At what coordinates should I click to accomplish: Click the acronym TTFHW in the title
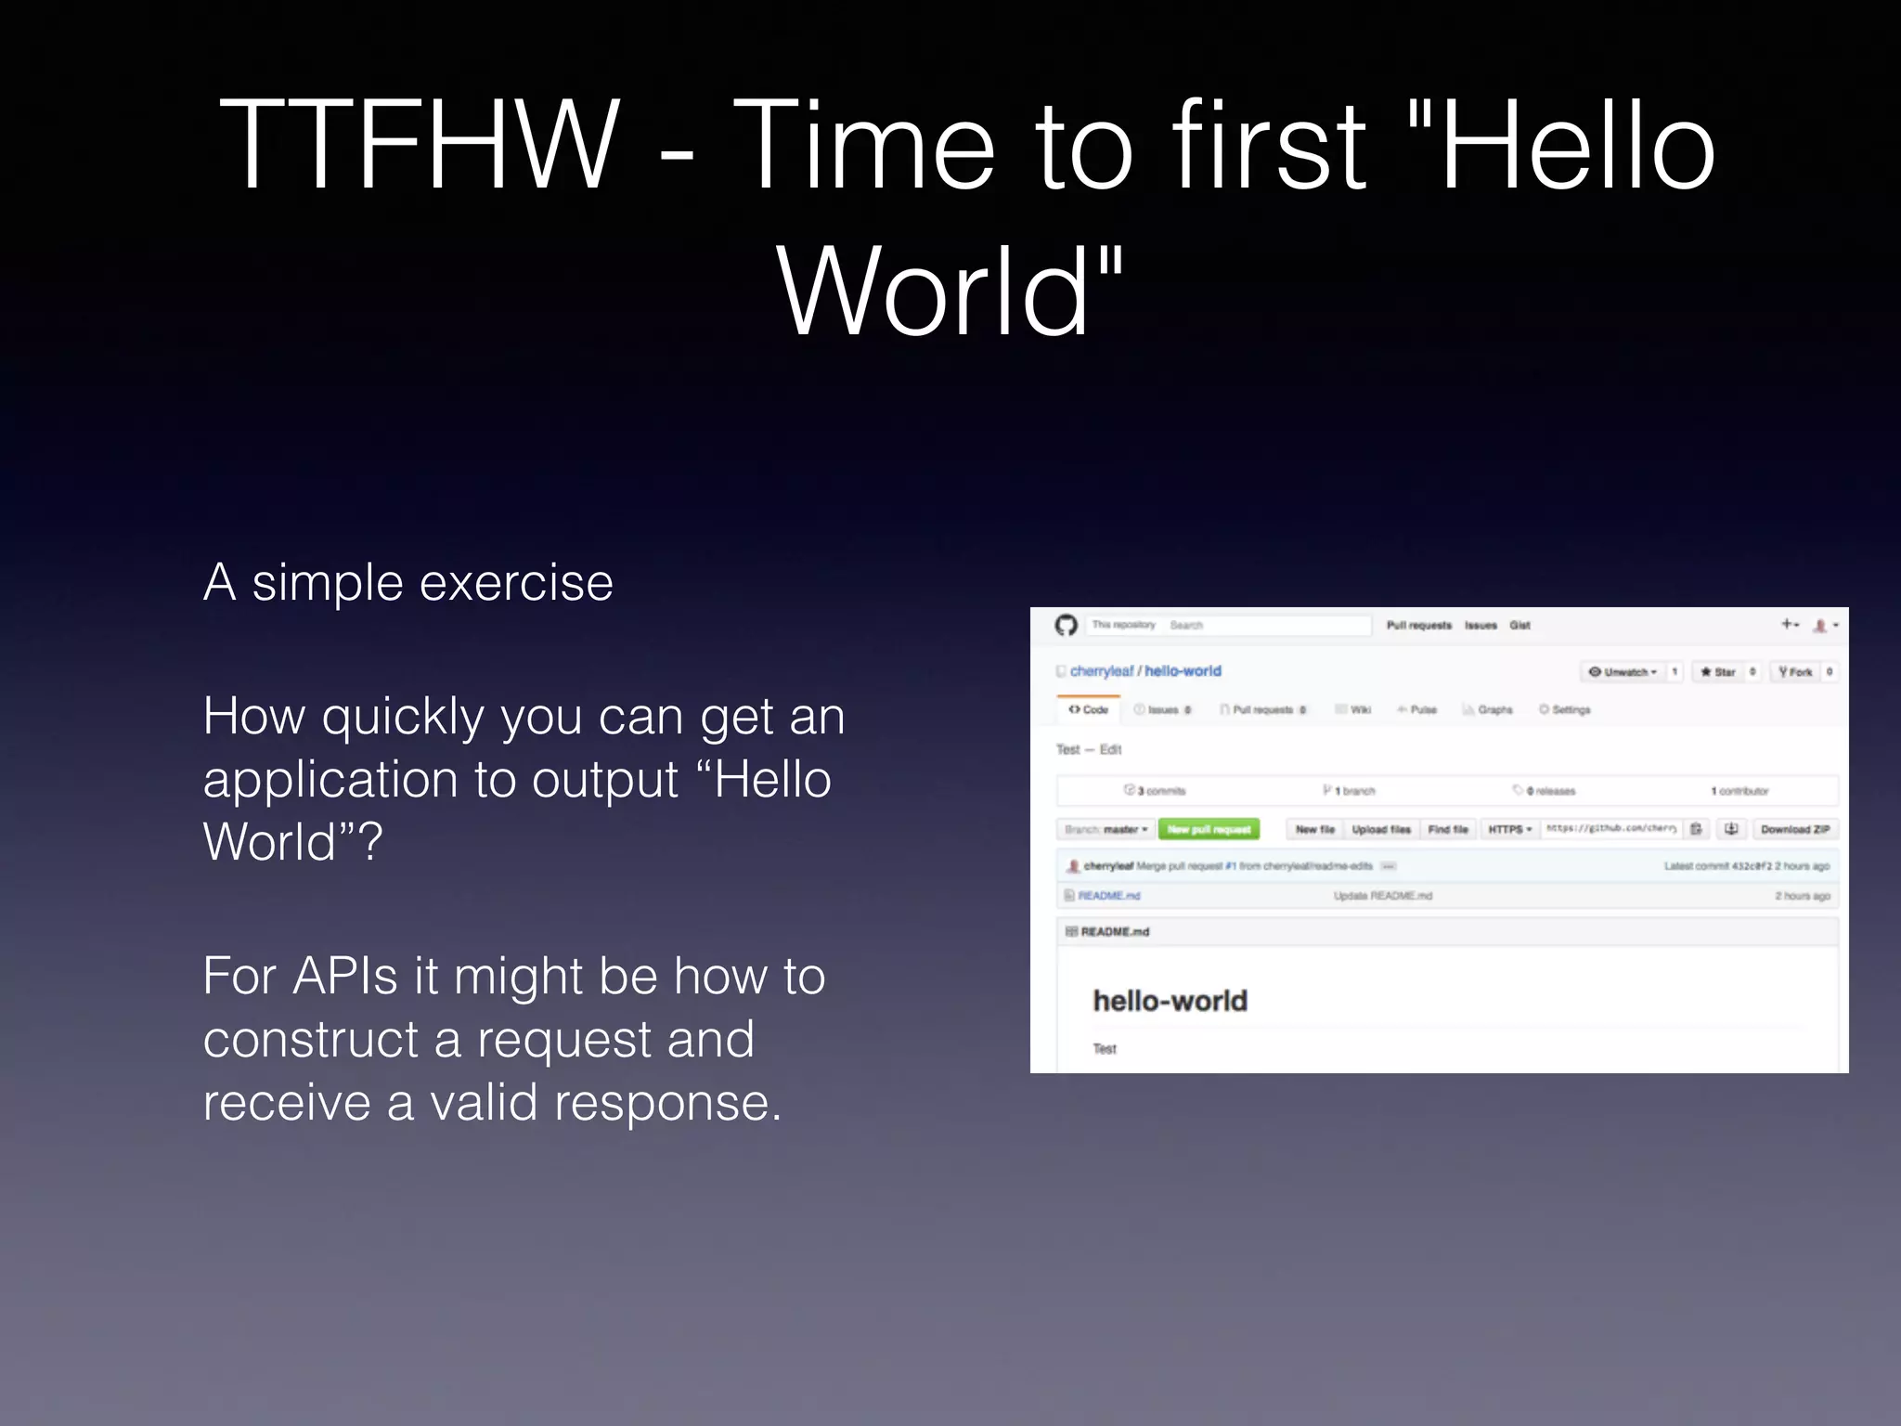point(419,147)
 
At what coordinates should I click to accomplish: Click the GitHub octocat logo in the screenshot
point(1067,625)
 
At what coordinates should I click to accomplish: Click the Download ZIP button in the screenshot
point(1794,829)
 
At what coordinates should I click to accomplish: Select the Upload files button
point(1381,829)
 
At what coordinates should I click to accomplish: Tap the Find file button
point(1448,829)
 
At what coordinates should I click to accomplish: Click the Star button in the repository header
point(1717,671)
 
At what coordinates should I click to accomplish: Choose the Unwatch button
point(1622,671)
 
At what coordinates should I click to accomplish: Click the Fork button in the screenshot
point(1795,671)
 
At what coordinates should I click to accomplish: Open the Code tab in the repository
point(1089,709)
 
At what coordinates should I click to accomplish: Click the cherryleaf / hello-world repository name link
point(1145,670)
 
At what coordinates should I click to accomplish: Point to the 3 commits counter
point(1156,791)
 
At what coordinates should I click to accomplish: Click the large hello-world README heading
point(1170,1001)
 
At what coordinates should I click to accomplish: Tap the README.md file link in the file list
point(1108,896)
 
